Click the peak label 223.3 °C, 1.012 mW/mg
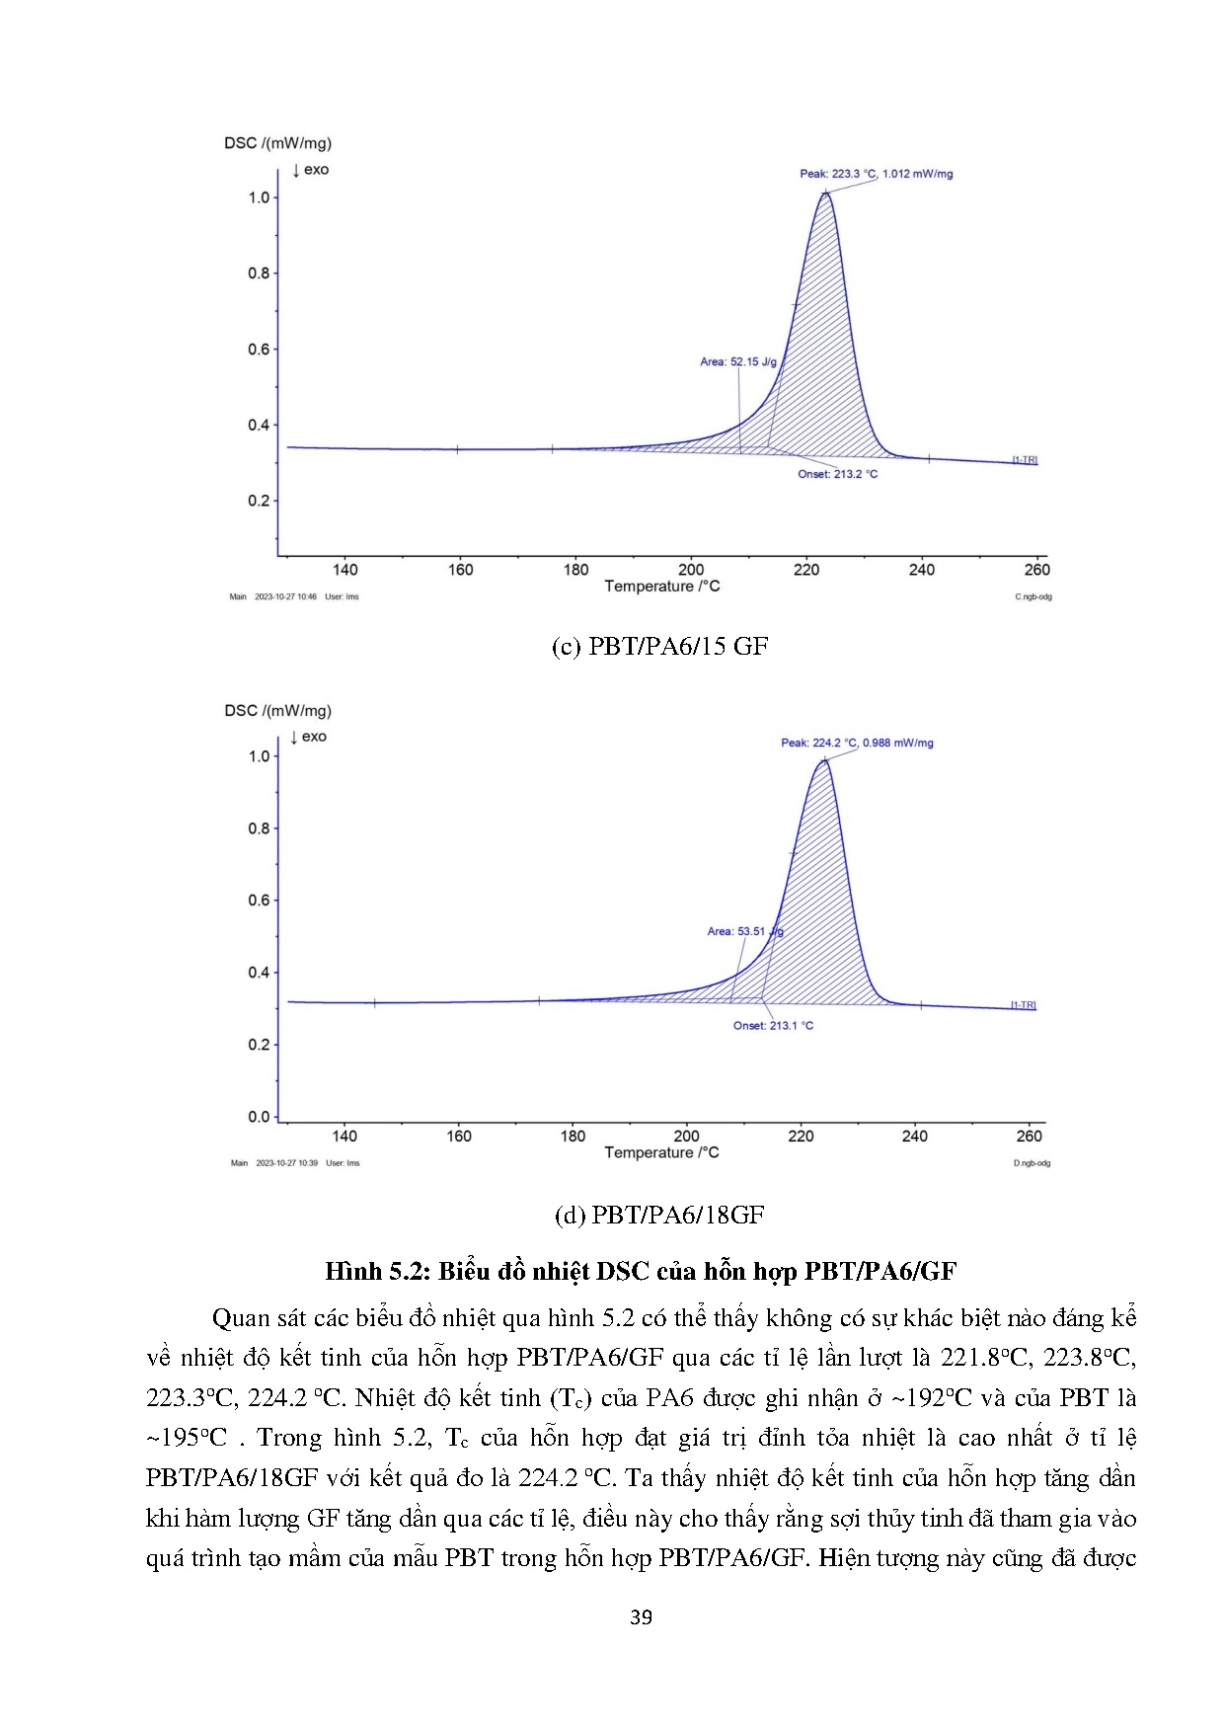pyautogui.click(x=877, y=174)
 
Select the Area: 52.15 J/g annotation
pyautogui.click(x=738, y=362)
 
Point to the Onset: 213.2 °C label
pyautogui.click(x=838, y=474)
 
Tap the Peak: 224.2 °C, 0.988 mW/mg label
pyautogui.click(x=857, y=743)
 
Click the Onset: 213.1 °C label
pyautogui.click(x=773, y=1026)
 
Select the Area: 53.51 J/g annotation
pyautogui.click(x=745, y=931)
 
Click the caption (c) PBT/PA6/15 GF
pyautogui.click(x=659, y=647)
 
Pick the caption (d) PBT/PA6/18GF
pyautogui.click(x=659, y=1215)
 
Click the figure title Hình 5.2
pyautogui.click(x=641, y=1271)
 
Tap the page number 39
pyautogui.click(x=641, y=1617)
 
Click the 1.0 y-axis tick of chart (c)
pyautogui.click(x=259, y=197)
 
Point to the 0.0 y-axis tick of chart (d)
pyautogui.click(x=259, y=1117)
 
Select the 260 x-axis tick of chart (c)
pyautogui.click(x=1037, y=570)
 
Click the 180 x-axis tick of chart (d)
pyautogui.click(x=573, y=1137)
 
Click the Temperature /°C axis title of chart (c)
pyautogui.click(x=662, y=587)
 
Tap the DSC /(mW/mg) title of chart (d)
pyautogui.click(x=277, y=711)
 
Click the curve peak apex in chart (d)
pyautogui.click(x=824, y=759)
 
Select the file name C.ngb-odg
pyautogui.click(x=1033, y=596)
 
